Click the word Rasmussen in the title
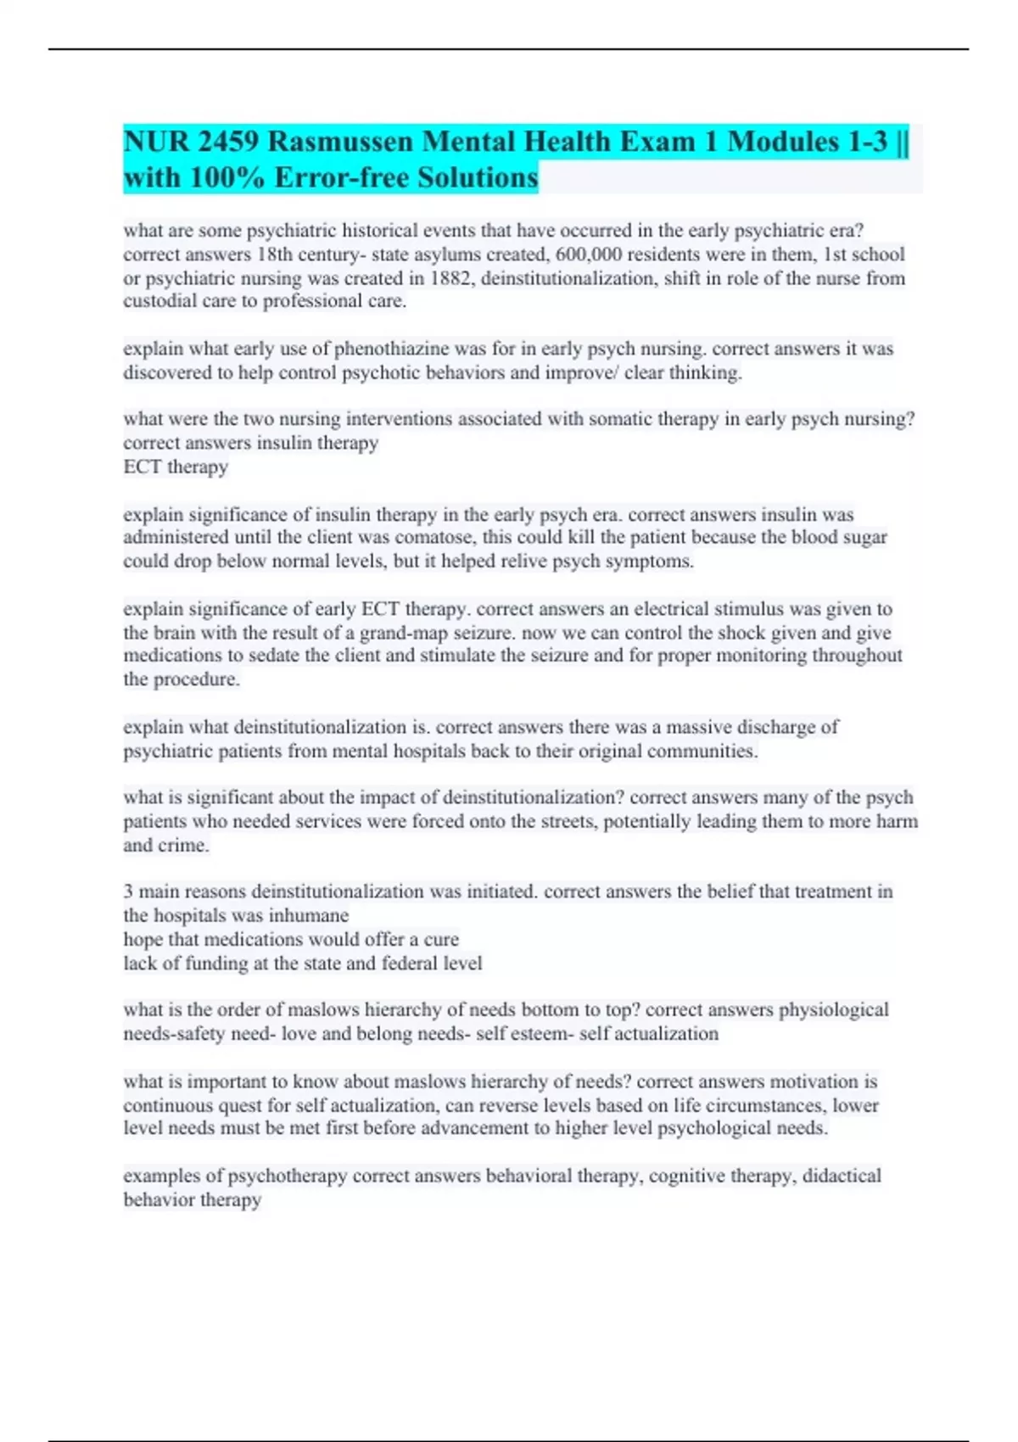344,142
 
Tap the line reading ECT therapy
176,467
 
